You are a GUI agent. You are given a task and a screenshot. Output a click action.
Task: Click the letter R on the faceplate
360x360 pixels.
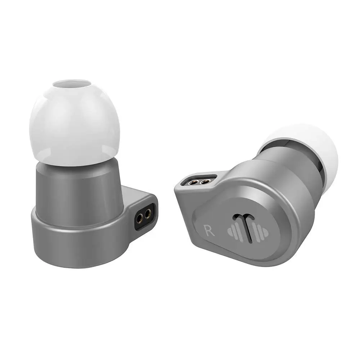(x=209, y=230)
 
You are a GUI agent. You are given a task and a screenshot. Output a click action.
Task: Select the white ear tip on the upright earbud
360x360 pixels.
(x=74, y=122)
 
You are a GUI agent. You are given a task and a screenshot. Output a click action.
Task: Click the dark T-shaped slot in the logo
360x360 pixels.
(x=246, y=227)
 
